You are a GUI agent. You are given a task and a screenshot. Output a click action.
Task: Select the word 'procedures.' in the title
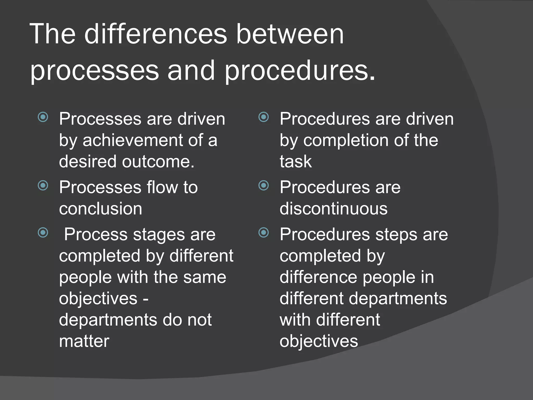(300, 71)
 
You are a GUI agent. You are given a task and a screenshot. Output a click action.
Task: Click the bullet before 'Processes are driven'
(43, 117)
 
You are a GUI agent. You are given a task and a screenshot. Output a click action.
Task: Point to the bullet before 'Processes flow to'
(43, 185)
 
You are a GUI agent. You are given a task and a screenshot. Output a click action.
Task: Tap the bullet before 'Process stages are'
(43, 233)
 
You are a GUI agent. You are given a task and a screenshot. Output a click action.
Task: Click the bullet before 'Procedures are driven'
(264, 117)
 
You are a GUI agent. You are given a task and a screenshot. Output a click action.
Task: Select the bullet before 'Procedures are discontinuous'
(264, 185)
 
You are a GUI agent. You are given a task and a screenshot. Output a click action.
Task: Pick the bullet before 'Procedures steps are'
(264, 233)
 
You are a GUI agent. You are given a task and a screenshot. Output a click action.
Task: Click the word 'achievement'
(133, 140)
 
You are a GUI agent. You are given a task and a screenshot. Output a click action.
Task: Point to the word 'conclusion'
(100, 209)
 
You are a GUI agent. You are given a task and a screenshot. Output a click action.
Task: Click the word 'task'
(295, 161)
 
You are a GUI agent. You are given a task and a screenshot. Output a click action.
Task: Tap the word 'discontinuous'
(333, 209)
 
